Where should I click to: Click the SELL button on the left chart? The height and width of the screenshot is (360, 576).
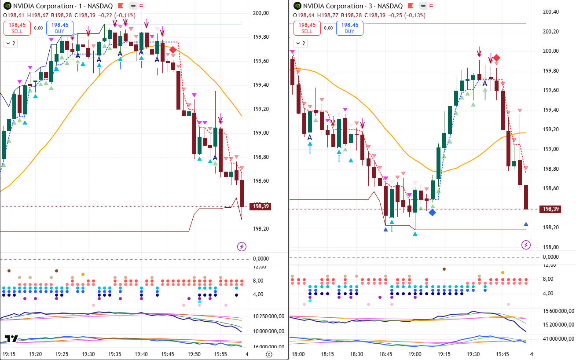(17, 28)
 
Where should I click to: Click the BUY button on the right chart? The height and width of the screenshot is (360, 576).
(349, 28)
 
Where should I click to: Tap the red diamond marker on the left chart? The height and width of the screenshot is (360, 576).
(173, 50)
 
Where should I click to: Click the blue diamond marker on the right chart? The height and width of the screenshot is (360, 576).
(432, 213)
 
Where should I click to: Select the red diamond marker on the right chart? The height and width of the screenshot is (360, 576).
(496, 58)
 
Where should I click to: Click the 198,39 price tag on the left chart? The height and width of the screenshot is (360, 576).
(260, 206)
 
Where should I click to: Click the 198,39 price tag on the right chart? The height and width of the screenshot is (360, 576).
(550, 209)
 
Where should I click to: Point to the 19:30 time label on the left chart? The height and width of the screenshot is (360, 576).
(88, 354)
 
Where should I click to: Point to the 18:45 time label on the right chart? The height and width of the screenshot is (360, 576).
(386, 354)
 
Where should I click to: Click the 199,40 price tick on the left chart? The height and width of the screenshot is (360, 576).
(261, 85)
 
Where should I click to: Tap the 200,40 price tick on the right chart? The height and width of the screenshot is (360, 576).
(550, 12)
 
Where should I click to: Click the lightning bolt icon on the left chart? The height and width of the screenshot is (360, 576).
(242, 246)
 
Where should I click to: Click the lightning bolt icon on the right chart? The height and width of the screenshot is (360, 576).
(526, 245)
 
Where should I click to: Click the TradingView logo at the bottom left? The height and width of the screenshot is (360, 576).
(11, 339)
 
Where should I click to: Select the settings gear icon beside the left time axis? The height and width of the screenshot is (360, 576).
(269, 354)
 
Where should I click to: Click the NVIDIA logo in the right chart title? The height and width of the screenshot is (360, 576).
(297, 6)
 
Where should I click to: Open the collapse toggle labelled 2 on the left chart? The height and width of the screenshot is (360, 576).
(11, 44)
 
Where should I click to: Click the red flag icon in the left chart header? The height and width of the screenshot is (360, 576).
(121, 6)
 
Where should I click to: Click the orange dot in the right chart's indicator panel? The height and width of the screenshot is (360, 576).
(503, 272)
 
